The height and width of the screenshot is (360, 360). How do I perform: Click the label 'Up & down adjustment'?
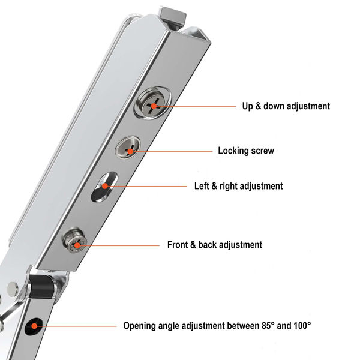point(286,106)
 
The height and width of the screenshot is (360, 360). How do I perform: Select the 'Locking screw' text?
point(246,151)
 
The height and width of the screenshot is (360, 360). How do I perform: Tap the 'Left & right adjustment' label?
point(238,186)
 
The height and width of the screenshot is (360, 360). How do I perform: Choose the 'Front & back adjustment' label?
point(214,245)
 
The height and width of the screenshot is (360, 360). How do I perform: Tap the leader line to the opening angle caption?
point(78,326)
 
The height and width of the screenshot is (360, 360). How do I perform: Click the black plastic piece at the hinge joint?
point(40,288)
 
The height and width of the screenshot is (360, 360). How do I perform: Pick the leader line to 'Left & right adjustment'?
point(150,186)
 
